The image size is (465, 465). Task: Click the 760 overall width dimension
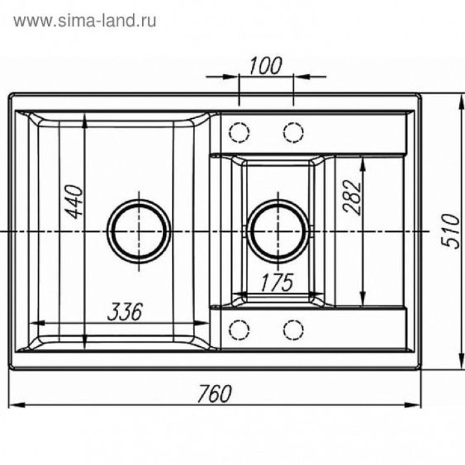click(214, 394)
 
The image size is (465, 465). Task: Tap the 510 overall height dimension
click(451, 231)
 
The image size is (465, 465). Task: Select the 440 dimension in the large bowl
click(74, 201)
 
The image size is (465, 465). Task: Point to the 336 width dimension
click(125, 312)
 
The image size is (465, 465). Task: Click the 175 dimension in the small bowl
click(277, 282)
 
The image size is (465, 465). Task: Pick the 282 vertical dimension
click(353, 197)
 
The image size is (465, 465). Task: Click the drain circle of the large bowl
click(139, 231)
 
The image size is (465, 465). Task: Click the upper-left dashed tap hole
click(239, 132)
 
